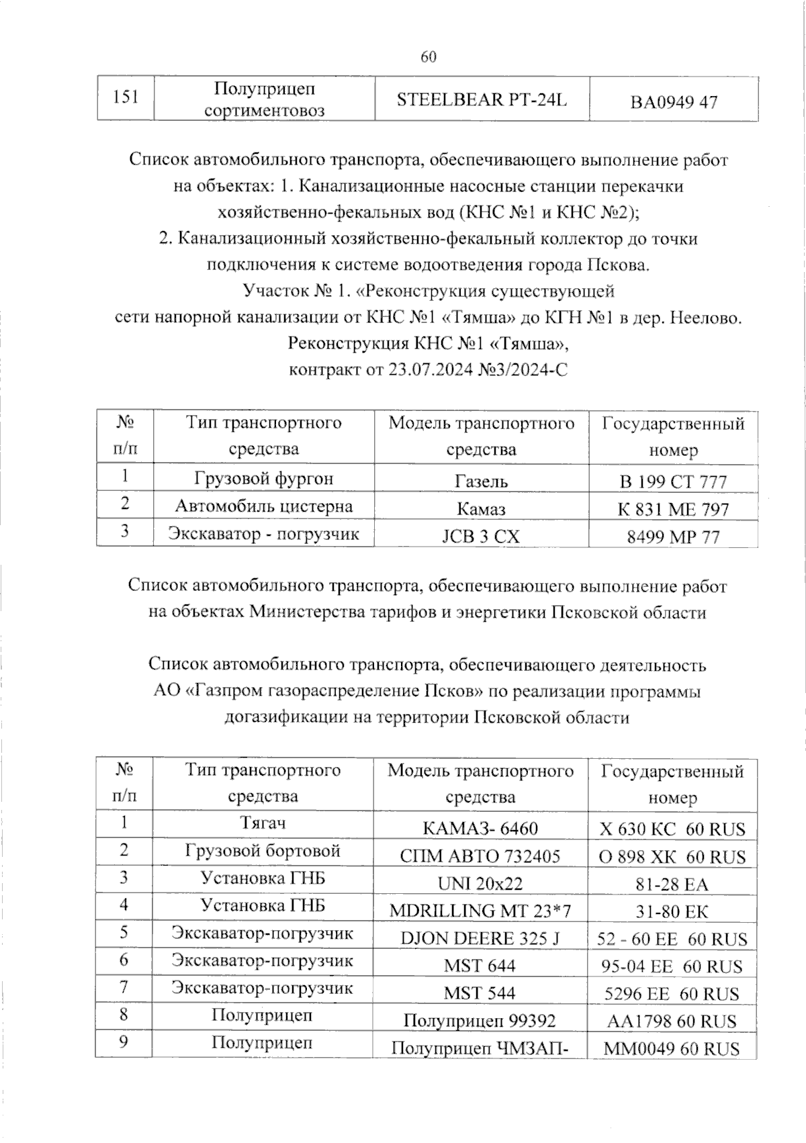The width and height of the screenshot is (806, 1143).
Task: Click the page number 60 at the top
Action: coord(429,57)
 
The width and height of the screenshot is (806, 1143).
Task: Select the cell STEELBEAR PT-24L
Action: coord(482,100)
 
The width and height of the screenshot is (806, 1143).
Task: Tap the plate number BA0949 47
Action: coord(673,102)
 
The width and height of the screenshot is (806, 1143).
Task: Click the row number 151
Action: coord(126,97)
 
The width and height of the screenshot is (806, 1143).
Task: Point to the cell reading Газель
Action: coord(482,482)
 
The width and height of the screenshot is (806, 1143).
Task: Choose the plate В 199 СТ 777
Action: coord(673,482)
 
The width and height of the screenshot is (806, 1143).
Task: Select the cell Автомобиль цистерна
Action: coord(264,506)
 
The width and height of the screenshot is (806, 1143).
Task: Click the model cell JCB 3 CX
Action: coord(482,537)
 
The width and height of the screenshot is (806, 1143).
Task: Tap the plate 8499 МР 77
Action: coord(673,537)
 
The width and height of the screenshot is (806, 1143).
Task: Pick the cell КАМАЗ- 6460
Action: coord(480,829)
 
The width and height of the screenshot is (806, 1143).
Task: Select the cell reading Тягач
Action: coord(263,823)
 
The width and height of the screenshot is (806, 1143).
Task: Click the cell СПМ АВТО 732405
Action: coord(480,856)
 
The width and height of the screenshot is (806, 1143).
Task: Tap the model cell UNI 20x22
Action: coord(480,884)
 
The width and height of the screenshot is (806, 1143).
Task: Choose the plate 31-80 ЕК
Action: coord(672,911)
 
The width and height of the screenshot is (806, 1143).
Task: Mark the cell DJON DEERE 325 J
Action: coord(480,938)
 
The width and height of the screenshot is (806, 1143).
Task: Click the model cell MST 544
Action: coord(480,993)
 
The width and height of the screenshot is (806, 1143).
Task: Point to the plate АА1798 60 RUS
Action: coord(672,1021)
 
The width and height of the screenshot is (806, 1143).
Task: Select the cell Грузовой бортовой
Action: coord(263,851)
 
